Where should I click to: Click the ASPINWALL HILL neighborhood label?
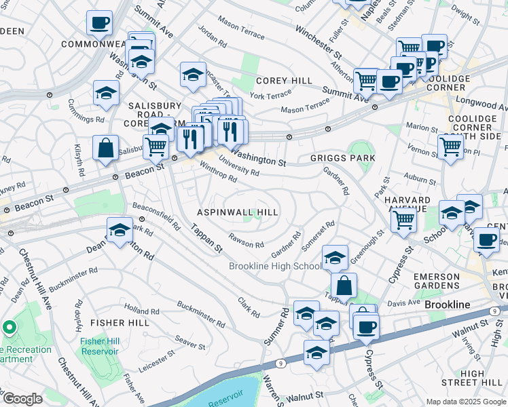coord(238,212)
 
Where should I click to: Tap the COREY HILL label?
coord(284,81)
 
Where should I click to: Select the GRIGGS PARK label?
coord(343,158)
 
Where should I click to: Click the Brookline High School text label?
coord(274,266)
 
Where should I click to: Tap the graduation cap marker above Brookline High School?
coord(335,257)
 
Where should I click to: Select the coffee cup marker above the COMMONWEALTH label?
coord(99,22)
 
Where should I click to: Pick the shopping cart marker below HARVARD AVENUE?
coord(404,220)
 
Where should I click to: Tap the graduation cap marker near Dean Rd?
coord(120,230)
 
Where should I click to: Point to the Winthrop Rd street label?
coord(218,171)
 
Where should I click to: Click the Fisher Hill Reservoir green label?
coord(99,346)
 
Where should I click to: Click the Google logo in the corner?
coord(23,399)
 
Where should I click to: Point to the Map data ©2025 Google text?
coord(465,402)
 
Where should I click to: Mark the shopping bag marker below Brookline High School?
coord(344,286)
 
